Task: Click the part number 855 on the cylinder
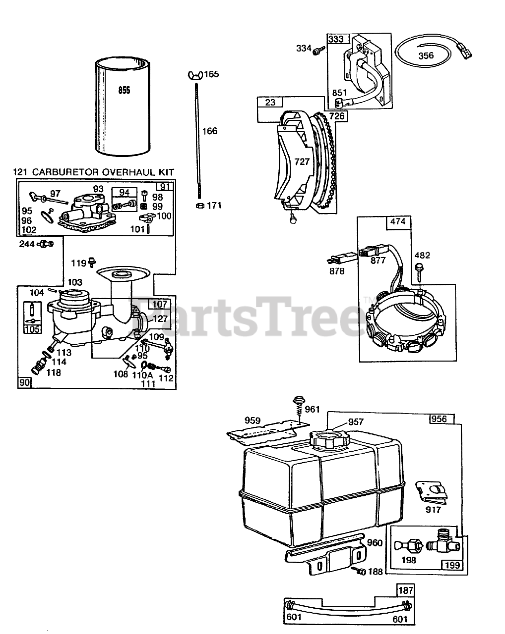[x=124, y=91]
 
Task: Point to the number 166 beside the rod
[x=209, y=131]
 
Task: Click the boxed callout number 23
[x=270, y=103]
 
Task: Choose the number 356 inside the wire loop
[x=426, y=55]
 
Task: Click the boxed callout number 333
[x=336, y=39]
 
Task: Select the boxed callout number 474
[x=398, y=222]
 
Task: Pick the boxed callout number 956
[x=439, y=419]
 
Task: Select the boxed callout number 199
[x=452, y=565]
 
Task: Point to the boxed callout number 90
[x=24, y=382]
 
